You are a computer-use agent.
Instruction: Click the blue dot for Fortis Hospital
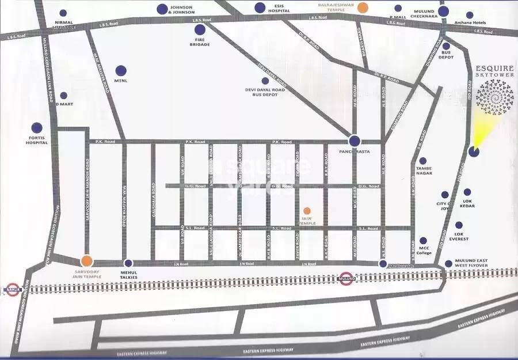pos(37,127)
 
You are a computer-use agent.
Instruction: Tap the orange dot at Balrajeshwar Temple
pos(362,7)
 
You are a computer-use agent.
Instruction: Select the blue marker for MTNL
pos(121,71)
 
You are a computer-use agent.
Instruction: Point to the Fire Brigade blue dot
pos(200,29)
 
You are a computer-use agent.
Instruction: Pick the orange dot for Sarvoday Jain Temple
pos(86,261)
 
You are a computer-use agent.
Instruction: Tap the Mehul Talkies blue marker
pos(128,263)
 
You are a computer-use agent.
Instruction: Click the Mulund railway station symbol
pos(345,278)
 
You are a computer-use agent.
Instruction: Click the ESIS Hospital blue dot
pos(260,7)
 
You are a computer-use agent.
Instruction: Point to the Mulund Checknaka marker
pos(443,11)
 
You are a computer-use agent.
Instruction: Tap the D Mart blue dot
pos(63,96)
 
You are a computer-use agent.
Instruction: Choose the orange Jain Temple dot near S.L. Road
pos(307,211)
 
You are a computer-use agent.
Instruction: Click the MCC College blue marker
pos(423,241)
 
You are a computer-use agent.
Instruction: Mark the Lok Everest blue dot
pos(459,226)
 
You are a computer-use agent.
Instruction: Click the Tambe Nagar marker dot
pos(422,161)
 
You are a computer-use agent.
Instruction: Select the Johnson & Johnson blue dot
pos(161,9)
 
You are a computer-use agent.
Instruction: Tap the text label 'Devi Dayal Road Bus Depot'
pos(265,92)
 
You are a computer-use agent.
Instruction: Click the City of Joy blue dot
pos(444,195)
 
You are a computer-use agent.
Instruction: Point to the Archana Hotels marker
pos(470,15)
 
